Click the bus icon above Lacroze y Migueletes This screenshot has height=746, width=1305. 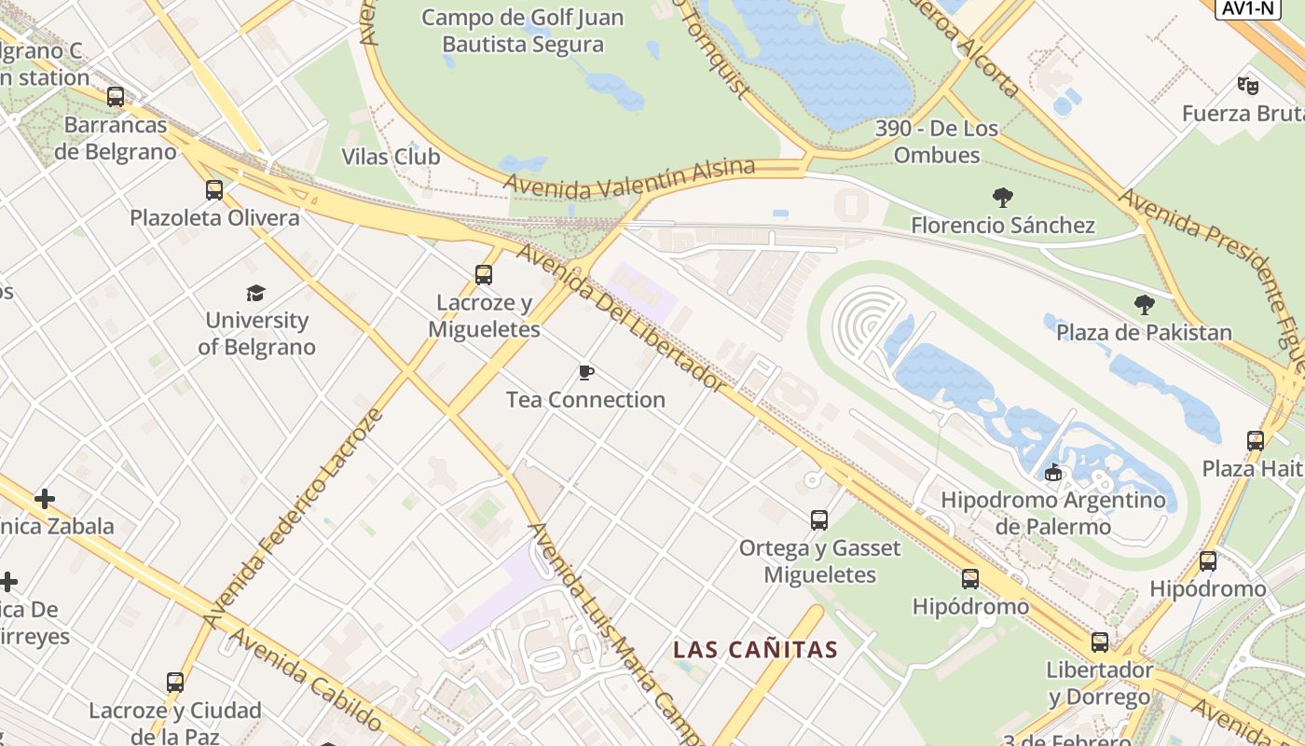click(483, 275)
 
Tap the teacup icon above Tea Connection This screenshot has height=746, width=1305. click(585, 373)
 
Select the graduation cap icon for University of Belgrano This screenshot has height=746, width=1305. click(256, 293)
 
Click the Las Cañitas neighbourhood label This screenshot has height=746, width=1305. click(756, 649)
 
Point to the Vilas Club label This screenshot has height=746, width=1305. click(391, 156)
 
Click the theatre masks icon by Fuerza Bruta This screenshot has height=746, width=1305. click(1248, 86)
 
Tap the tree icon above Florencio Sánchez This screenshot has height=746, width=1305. click(1003, 198)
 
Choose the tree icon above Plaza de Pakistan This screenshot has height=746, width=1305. click(1144, 305)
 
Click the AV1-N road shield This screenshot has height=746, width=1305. click(1247, 8)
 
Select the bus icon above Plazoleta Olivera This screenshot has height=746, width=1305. click(214, 190)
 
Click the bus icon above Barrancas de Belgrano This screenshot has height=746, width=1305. click(116, 97)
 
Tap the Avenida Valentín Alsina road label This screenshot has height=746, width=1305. click(629, 178)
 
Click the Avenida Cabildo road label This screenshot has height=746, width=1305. click(304, 679)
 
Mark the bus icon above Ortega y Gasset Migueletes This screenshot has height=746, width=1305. click(819, 520)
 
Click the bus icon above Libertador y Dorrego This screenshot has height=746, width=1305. click(1100, 642)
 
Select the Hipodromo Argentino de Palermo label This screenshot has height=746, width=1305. click(1053, 513)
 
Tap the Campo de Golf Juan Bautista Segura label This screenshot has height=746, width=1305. click(523, 31)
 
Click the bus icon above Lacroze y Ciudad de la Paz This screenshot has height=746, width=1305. click(175, 683)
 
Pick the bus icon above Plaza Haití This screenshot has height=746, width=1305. click(1256, 441)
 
